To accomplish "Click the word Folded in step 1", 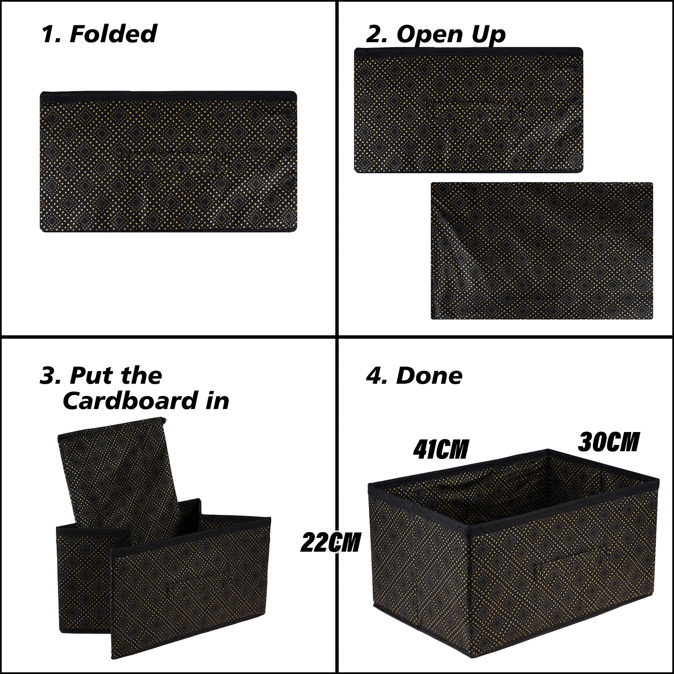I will point(113,34).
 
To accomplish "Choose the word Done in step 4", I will point(429,376).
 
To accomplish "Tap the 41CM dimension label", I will point(440,449).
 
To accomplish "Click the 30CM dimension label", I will point(608,442).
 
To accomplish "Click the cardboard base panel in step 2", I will point(542,250).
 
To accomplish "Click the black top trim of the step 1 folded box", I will point(168,95).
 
